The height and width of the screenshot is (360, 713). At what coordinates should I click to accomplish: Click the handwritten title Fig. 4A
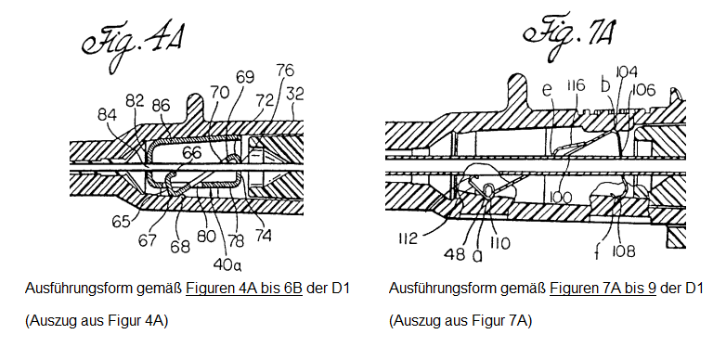133,45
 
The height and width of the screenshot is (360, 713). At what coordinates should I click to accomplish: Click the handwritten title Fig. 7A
570,36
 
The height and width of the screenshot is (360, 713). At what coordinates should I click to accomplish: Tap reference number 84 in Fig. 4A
107,115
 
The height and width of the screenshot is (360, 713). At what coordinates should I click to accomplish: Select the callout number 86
160,106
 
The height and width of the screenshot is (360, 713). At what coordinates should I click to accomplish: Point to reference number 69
245,77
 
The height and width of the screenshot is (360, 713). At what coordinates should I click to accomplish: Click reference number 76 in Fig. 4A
285,71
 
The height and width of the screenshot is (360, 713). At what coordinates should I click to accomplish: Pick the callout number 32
294,94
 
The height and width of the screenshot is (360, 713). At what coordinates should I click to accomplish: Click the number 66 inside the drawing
191,153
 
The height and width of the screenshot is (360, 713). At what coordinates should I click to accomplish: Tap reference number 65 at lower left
122,222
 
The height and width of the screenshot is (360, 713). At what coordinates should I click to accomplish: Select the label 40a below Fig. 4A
226,264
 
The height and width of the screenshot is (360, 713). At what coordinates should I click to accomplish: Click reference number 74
264,236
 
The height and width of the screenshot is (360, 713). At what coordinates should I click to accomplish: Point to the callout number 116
576,85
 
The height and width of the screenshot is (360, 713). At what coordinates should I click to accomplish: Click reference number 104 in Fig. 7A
627,71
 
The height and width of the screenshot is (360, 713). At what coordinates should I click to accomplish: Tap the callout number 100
560,198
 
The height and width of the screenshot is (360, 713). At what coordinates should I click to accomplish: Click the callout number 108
624,251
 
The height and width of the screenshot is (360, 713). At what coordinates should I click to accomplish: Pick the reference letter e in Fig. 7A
547,89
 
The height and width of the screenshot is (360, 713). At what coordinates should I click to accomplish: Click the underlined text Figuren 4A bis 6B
244,289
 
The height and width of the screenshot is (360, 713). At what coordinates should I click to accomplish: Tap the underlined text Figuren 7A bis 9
603,289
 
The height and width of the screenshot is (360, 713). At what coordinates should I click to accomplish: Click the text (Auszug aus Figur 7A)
460,321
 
